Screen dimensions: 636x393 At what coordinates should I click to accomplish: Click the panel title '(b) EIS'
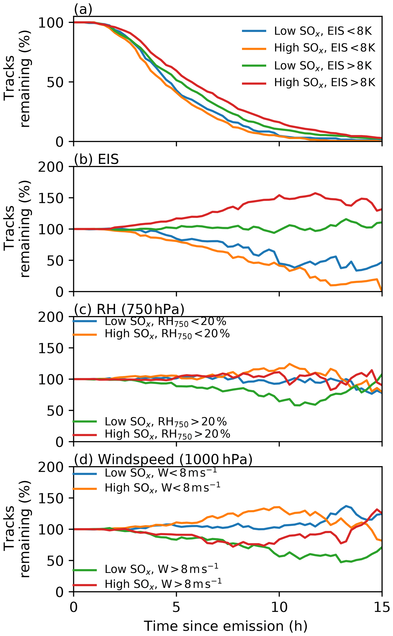click(96, 159)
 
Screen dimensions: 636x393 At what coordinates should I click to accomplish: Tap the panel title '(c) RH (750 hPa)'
click(129, 309)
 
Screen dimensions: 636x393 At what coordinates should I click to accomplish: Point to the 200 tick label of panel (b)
click(51, 167)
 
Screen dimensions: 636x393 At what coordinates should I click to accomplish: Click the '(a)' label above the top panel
click(83, 10)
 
